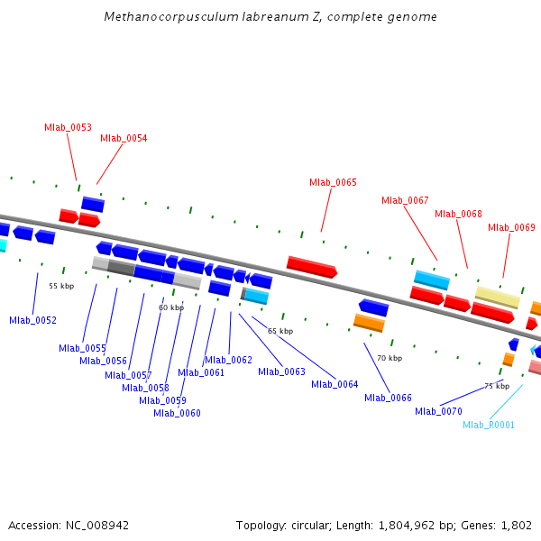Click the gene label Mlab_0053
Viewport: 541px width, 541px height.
(68, 127)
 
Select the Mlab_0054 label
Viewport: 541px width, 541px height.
(124, 138)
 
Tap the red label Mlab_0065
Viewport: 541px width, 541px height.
(333, 182)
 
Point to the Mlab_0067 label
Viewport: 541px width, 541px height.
(405, 200)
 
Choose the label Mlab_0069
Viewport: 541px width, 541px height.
(511, 227)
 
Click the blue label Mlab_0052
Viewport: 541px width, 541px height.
(32, 320)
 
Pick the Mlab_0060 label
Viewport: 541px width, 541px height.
(177, 413)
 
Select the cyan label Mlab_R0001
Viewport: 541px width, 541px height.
(489, 425)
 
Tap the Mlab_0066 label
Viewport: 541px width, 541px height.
(388, 398)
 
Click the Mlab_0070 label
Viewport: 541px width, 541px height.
(438, 411)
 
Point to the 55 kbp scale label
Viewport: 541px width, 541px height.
(60, 286)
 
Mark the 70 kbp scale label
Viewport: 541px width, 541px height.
(390, 358)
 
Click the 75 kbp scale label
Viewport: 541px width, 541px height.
(497, 386)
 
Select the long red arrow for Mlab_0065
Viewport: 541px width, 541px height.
(311, 266)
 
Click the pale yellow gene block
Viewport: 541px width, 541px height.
(498, 297)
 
